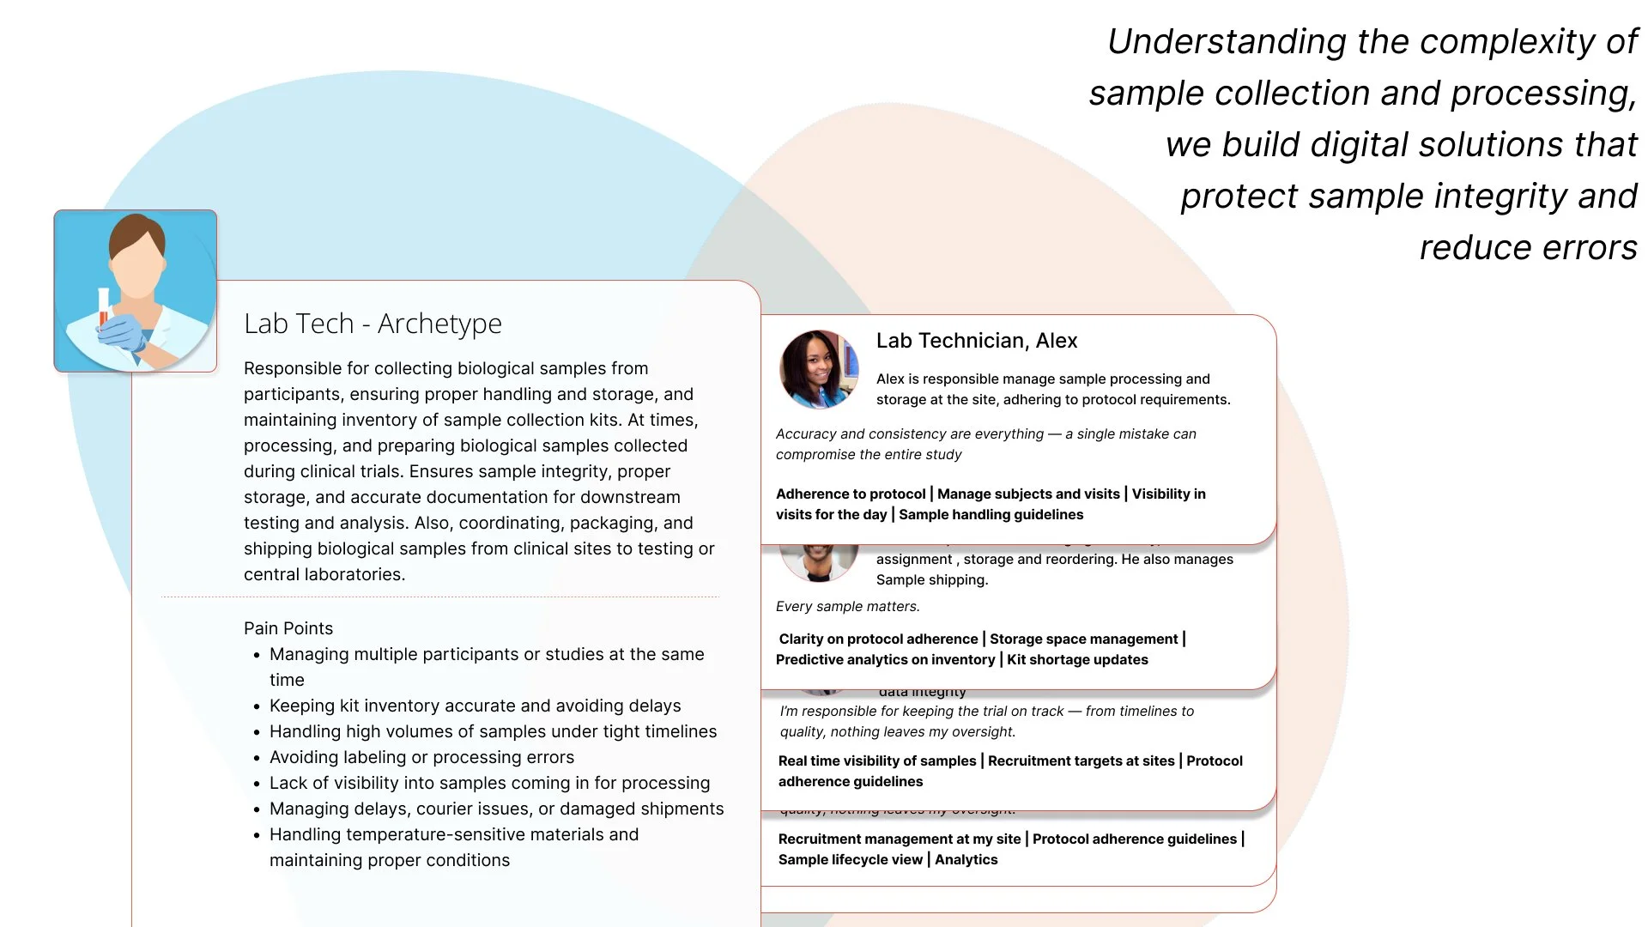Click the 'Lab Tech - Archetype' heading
[373, 324]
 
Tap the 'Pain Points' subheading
[288, 628]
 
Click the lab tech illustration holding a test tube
[136, 291]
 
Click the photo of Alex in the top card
[819, 369]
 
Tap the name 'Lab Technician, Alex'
[976, 341]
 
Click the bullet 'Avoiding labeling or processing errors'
[421, 757]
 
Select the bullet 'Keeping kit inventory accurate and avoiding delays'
[475, 706]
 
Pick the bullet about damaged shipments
[496, 809]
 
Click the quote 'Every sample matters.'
[847, 607]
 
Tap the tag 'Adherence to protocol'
[851, 494]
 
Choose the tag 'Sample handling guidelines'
[991, 515]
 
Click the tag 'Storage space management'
[1083, 639]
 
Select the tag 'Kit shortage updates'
[1077, 660]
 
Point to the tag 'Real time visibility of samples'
[877, 761]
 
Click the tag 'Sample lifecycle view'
[850, 860]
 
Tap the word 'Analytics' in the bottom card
[966, 860]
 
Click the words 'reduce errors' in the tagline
[1528, 248]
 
